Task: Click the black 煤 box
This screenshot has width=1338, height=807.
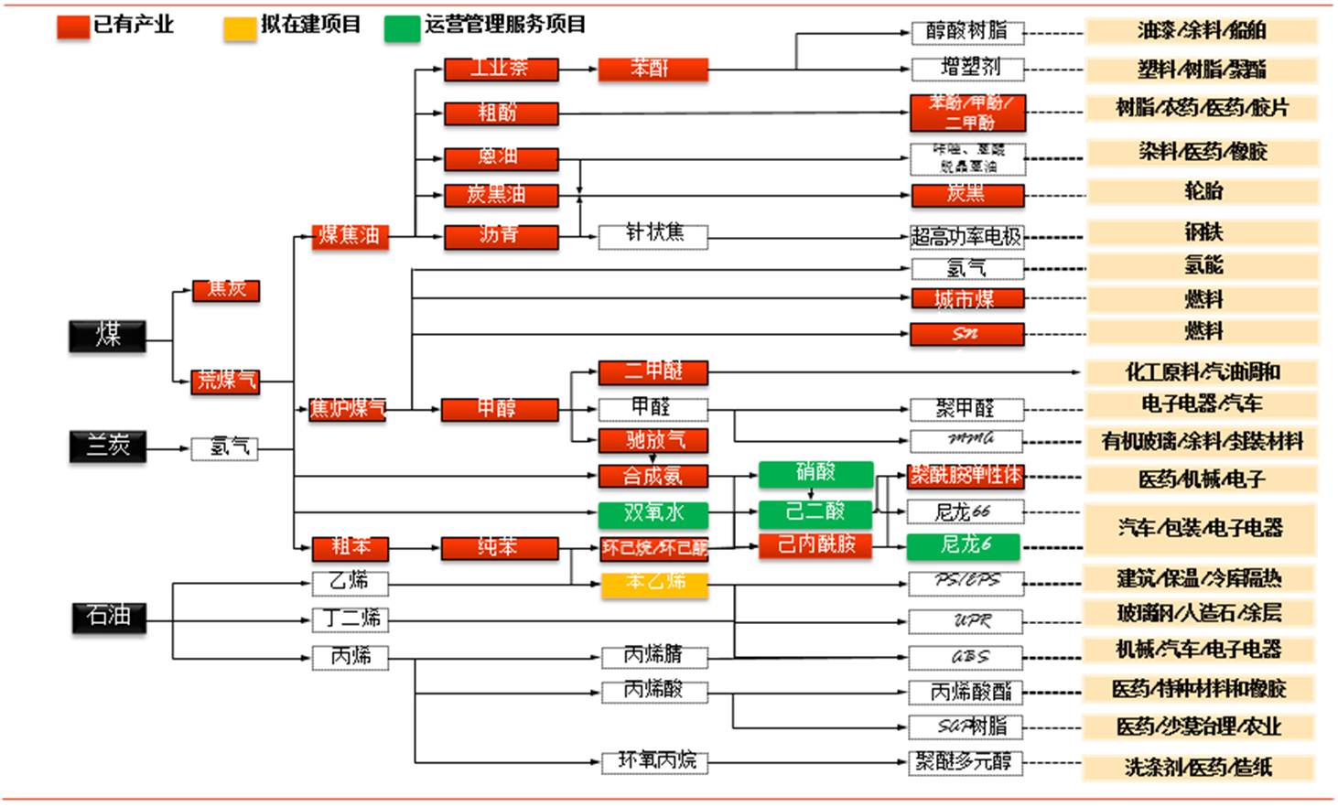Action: [107, 336]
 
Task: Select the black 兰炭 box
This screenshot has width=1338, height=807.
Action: [107, 447]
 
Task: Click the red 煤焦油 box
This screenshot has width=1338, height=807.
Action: [350, 236]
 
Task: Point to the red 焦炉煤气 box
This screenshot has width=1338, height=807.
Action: [347, 408]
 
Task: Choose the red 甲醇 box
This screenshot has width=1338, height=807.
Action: [499, 408]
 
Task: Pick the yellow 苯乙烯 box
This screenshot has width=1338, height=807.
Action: [654, 583]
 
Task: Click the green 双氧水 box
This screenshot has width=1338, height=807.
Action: [653, 513]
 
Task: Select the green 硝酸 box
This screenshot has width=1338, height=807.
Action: [815, 473]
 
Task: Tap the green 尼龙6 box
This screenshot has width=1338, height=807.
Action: [965, 546]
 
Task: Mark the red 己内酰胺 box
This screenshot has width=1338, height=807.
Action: [815, 545]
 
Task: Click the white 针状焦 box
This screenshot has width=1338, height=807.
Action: [653, 234]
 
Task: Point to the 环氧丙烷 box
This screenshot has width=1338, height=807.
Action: [655, 761]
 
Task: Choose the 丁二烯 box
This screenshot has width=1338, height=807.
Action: [350, 619]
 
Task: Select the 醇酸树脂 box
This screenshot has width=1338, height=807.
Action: [966, 32]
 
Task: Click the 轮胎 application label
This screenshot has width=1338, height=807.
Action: [1202, 191]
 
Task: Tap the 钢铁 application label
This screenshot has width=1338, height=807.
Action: [1202, 232]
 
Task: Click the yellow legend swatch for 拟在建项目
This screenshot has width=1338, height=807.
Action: [240, 27]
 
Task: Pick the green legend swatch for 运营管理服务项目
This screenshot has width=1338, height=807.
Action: [402, 27]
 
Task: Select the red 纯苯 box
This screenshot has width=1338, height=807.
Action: [499, 548]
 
